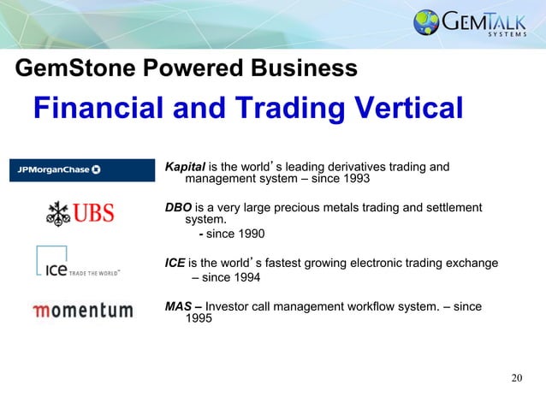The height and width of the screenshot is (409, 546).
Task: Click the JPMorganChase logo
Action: point(56,169)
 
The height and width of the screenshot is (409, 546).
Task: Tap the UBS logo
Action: point(79,213)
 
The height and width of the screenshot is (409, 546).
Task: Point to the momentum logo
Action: point(82,310)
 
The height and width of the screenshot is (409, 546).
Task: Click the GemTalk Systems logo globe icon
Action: point(425,22)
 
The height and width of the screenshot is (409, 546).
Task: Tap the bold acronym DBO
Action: point(179,208)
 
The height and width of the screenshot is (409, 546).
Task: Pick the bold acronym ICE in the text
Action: point(175,264)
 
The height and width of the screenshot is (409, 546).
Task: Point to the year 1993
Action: point(356,180)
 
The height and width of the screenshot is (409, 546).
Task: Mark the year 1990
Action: point(249,234)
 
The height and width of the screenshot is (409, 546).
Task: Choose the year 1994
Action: point(245,278)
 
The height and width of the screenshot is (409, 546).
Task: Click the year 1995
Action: point(199,320)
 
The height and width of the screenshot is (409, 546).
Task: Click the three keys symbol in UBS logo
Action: point(57,213)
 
